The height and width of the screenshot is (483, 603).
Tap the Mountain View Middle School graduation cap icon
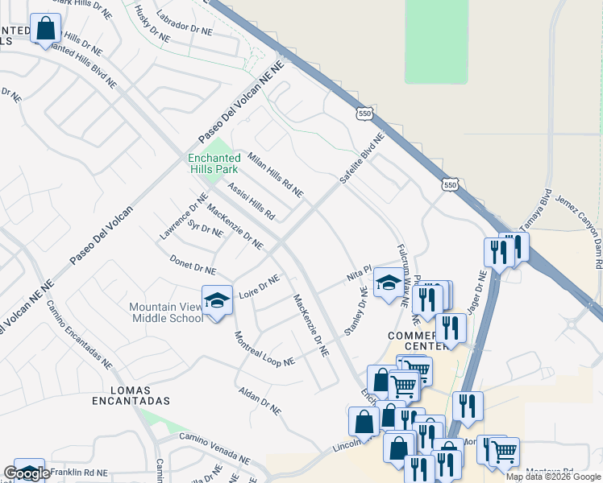point(216,299)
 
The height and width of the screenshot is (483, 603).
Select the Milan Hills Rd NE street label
point(276,175)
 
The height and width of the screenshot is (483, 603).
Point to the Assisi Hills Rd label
point(252,201)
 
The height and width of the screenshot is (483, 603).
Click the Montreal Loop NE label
point(264,349)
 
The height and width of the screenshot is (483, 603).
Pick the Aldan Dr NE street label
point(260,400)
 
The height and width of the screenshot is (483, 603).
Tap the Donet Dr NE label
point(193,265)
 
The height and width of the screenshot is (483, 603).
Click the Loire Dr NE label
point(259,284)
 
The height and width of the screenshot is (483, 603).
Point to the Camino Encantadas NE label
point(78,334)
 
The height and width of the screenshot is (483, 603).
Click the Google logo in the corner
point(27,473)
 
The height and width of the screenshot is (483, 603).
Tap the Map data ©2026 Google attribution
point(553,477)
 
